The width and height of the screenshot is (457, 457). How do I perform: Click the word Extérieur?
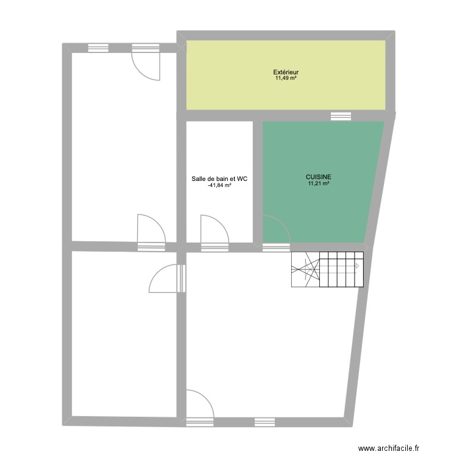tap(285, 73)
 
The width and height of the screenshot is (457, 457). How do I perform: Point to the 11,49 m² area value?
tap(285, 79)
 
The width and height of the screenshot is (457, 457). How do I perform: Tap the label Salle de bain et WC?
tap(219, 179)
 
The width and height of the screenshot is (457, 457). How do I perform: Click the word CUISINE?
tap(319, 179)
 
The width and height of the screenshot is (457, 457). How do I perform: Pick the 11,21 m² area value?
tap(319, 185)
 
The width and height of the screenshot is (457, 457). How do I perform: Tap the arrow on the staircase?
tap(358, 266)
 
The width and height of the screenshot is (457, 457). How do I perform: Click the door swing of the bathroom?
tap(213, 229)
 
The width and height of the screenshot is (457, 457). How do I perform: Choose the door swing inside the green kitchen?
tap(276, 229)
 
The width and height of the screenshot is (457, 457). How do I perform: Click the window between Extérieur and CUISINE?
tap(341, 116)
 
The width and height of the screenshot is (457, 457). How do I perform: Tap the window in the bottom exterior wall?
tap(264, 421)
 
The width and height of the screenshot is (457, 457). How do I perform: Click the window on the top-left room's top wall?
tap(97, 48)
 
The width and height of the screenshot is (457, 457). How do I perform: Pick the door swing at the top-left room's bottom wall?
tap(151, 229)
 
